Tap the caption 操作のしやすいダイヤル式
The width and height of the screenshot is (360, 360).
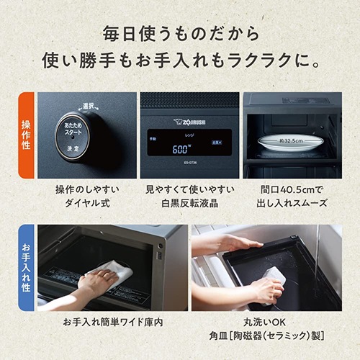point(87,196)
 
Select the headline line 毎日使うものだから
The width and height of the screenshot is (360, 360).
point(180,34)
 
